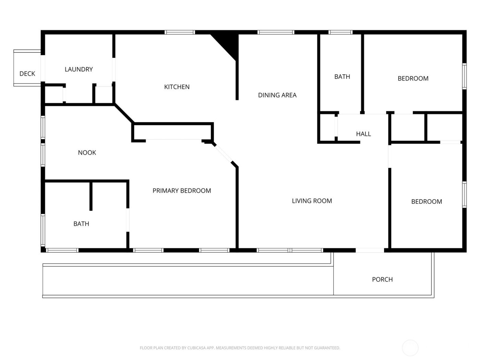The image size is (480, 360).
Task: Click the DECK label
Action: point(27,74)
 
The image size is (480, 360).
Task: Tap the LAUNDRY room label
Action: point(79,69)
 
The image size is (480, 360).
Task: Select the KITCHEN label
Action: point(177,87)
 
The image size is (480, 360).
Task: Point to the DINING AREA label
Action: point(277,95)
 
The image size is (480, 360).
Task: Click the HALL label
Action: point(363,134)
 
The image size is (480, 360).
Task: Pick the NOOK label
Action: point(87,153)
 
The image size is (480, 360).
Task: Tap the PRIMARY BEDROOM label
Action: point(181,191)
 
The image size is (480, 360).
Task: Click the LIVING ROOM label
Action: point(312,201)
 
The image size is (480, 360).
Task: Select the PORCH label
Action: point(382,279)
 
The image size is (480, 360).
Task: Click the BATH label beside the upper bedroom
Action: point(342,77)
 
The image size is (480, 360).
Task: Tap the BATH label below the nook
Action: point(81,224)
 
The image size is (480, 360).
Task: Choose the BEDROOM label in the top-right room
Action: point(413,79)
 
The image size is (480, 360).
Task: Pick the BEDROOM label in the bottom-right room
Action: point(427,202)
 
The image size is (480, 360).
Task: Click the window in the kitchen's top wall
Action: point(180,33)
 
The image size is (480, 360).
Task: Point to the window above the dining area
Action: point(276,33)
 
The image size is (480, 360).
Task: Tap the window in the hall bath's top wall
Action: point(340,33)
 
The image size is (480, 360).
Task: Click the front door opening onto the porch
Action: point(370,250)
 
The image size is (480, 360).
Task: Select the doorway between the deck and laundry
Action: point(43,68)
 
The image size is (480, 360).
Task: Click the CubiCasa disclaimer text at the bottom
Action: point(240,348)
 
